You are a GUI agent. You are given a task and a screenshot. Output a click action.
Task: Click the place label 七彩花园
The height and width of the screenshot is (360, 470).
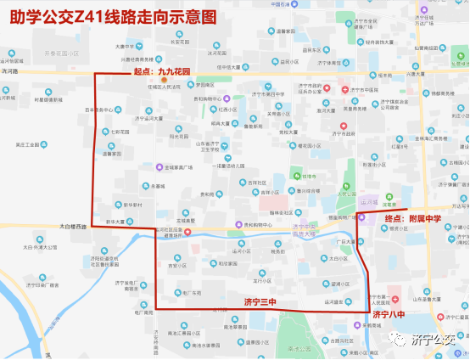point(119,132)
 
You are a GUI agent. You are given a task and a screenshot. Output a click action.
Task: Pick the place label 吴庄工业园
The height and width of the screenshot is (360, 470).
point(20,145)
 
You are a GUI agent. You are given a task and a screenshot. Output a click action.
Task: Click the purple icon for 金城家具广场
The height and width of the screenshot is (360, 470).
point(159,167)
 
